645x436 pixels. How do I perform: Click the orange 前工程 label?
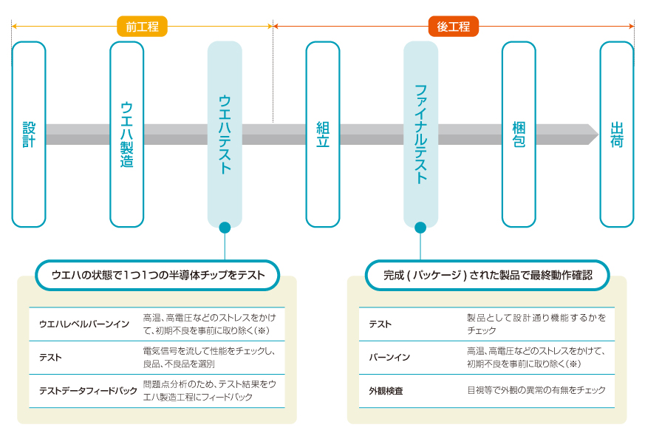pos(142,27)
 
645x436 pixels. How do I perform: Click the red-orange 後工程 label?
pos(454,27)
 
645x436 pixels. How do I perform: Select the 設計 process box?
pos(29,134)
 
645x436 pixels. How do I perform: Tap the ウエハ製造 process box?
pos(127,134)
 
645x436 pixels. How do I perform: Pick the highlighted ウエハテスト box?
pos(225,134)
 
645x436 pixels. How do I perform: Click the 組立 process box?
pos(323,134)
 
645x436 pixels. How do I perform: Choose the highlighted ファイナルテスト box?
pos(420,134)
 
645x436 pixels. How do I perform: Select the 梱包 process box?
pos(519,134)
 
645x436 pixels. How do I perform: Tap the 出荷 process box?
pos(616,134)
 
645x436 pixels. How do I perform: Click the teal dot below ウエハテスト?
pos(225,228)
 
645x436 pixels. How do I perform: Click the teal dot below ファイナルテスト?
pos(420,228)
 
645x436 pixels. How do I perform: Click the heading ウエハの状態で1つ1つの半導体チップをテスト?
pos(158,275)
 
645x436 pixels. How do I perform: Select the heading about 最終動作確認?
pos(487,275)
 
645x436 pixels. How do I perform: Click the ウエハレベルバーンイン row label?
pos(83,324)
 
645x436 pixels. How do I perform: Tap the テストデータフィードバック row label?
pos(88,391)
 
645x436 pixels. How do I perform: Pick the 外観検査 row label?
pos(386,391)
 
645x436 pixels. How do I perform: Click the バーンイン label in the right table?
pos(389,357)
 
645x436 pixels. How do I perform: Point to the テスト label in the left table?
pos(50,357)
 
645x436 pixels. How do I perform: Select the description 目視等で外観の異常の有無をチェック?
pos(536,390)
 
